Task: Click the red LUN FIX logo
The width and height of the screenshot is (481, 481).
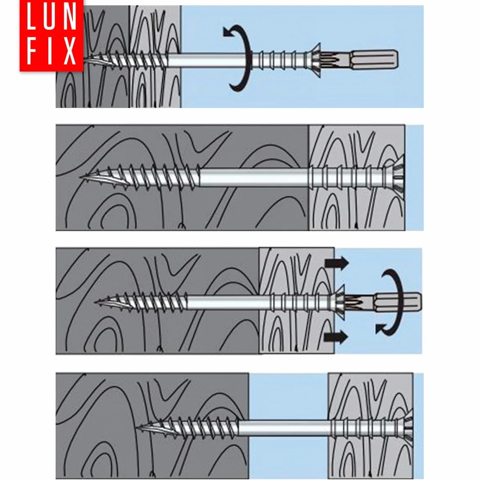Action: pos(51,36)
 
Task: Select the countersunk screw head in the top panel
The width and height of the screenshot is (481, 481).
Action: pos(313,60)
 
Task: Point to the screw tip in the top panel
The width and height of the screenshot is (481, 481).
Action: pos(86,60)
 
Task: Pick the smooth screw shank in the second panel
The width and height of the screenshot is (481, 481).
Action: pos(254,178)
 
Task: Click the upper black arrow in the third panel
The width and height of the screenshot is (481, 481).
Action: pos(337,263)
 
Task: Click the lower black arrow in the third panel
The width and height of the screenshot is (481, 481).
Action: pos(336,337)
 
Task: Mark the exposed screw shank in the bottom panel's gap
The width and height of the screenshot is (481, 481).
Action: pos(288,428)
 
